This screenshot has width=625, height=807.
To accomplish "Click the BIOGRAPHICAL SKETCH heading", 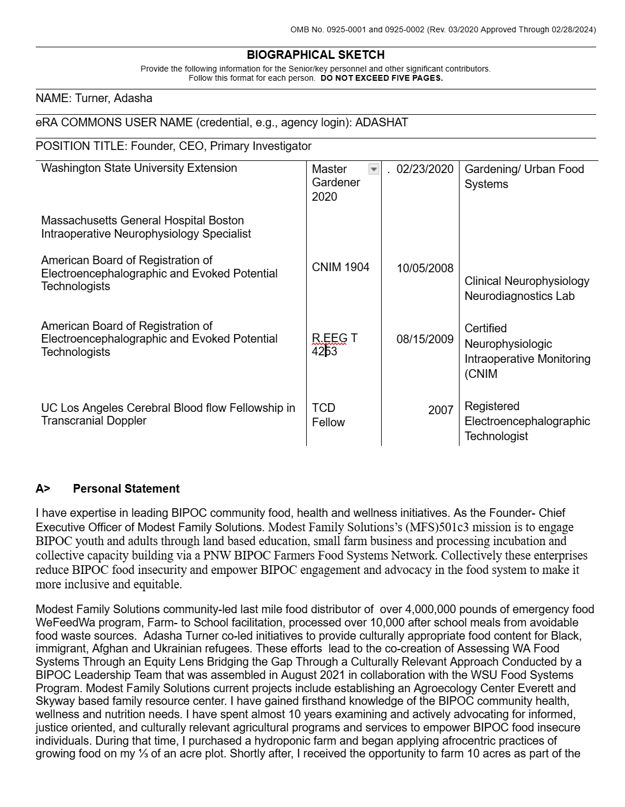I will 315,55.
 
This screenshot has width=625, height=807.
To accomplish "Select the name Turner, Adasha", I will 114,98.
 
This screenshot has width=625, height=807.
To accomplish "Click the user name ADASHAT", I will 381,122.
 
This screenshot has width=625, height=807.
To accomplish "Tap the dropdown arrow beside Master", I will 374,169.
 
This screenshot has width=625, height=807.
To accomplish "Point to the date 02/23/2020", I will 425,169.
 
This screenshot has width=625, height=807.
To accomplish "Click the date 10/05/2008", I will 425,268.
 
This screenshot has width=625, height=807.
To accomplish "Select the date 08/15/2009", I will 425,339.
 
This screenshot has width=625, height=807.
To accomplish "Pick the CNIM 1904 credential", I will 340,267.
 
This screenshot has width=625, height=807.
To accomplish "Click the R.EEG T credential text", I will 334,338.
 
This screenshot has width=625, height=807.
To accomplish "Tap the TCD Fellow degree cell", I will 328,415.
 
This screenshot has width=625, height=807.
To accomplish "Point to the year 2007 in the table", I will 440,410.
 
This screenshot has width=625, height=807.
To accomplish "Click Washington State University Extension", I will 139,168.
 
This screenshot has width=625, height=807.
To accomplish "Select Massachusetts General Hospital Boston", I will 142,220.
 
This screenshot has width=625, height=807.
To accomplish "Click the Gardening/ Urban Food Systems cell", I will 524,177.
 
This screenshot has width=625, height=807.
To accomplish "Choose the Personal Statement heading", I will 126,489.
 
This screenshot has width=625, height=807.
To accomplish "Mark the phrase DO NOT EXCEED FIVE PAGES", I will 382,78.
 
